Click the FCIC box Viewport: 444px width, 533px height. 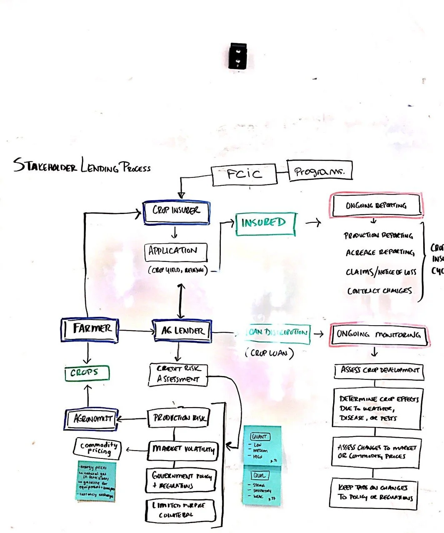click(x=244, y=174)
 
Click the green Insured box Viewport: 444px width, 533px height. click(x=265, y=224)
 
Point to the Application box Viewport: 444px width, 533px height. click(x=175, y=252)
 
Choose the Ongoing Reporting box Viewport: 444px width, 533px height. click(x=376, y=205)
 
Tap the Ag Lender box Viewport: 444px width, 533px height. click(x=182, y=331)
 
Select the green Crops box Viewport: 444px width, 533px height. click(x=87, y=373)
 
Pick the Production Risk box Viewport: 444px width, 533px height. click(x=178, y=418)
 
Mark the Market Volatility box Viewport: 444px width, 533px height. click(x=182, y=450)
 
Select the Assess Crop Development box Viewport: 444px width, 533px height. click(x=379, y=371)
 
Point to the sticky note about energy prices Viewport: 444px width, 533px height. click(x=96, y=481)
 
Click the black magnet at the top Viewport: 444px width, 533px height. click(x=237, y=56)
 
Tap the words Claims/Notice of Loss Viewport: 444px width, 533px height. click(x=380, y=272)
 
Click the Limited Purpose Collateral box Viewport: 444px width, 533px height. click(x=182, y=510)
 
